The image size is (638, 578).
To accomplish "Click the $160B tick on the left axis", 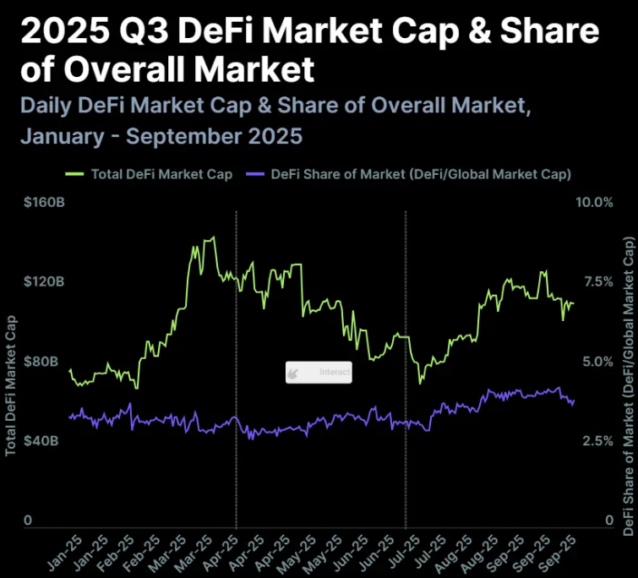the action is (x=44, y=202).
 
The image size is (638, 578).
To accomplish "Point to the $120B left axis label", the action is (x=44, y=281).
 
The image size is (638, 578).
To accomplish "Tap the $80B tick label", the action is (x=41, y=361).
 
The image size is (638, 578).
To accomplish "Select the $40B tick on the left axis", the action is (x=41, y=440).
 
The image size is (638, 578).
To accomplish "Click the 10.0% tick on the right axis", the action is (x=594, y=202).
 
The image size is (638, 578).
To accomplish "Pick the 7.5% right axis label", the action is (x=598, y=281).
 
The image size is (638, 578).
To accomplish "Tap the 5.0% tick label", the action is (x=597, y=361).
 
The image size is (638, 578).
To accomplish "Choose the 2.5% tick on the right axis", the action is (x=597, y=440).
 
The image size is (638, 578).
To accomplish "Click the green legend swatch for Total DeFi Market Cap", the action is (x=74, y=174).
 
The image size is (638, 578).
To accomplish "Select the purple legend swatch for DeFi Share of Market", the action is (x=255, y=174).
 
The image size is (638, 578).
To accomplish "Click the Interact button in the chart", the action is (x=319, y=372).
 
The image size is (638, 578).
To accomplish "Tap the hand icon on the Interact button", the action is (x=292, y=373).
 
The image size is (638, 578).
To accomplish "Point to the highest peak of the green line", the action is (x=214, y=237).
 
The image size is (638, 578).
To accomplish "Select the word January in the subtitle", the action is (x=63, y=136).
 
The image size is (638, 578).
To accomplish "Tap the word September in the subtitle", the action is (x=183, y=136).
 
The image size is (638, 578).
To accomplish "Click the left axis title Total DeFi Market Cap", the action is (x=10, y=385).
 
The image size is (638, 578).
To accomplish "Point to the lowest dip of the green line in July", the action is (x=420, y=382).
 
